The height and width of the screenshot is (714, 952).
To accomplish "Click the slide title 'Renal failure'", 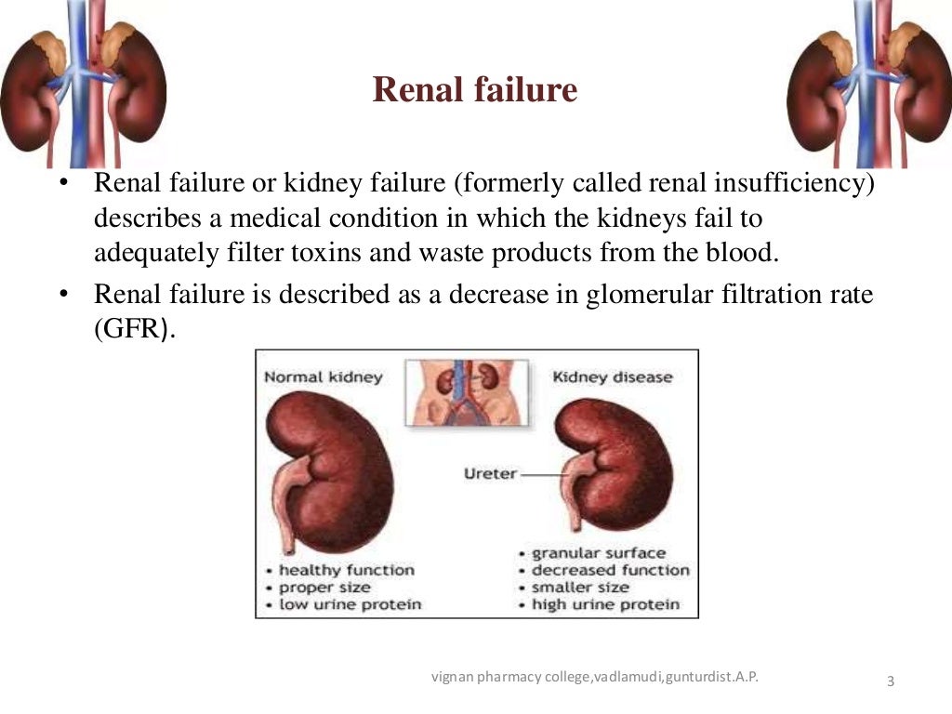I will click(x=475, y=90).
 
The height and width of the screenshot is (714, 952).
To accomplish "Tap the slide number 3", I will click(x=891, y=682).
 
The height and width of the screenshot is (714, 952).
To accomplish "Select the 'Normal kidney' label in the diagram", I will click(x=323, y=377).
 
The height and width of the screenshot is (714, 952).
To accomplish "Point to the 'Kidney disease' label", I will click(x=613, y=377).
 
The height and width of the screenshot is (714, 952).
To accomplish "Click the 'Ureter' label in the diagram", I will click(x=490, y=474).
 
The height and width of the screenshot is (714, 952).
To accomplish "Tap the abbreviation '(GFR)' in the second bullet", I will click(x=134, y=331).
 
